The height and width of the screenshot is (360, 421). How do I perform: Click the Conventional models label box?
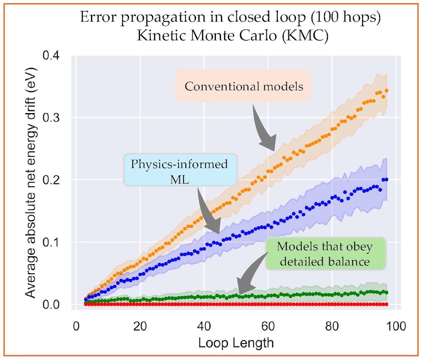pos(244,86)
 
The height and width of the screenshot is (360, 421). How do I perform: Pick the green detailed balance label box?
pos(325,254)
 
